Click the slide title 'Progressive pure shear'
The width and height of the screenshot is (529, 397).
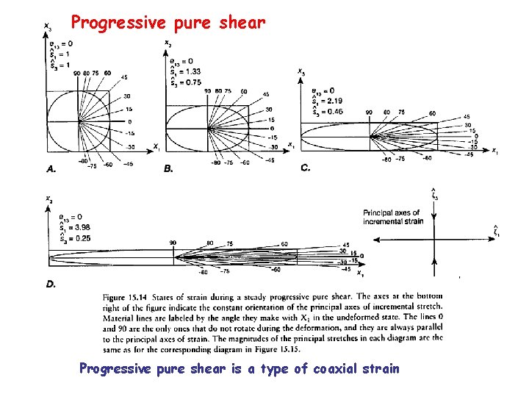click(168, 23)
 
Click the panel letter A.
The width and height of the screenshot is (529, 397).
click(51, 168)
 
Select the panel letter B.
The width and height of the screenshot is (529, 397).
click(168, 168)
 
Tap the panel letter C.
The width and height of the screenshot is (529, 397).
click(306, 168)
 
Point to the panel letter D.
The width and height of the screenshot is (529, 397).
click(51, 284)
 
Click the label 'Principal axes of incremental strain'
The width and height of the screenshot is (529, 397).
click(392, 217)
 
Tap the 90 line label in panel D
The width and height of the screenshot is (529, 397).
click(173, 243)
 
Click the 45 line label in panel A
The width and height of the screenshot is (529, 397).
click(123, 77)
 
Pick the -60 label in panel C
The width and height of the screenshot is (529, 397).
click(427, 158)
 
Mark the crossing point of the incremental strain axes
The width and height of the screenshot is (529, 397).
click(435, 239)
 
